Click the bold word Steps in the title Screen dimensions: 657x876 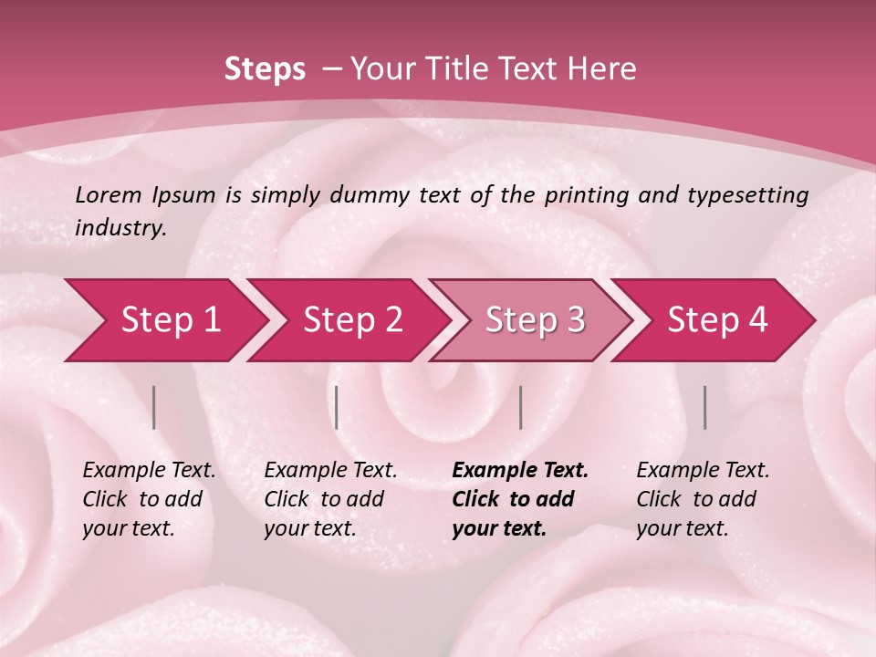click(265, 69)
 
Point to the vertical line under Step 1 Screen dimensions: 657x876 click(154, 407)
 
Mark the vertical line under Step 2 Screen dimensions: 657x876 click(337, 407)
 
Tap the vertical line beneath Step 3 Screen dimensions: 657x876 click(520, 407)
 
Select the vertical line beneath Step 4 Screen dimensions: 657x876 click(704, 407)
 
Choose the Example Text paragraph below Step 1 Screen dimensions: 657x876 click(148, 499)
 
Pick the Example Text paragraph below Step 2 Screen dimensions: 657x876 click(329, 499)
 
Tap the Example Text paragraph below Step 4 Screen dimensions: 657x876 click(702, 499)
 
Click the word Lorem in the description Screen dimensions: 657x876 click(109, 195)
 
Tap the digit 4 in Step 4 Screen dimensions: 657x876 click(757, 320)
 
